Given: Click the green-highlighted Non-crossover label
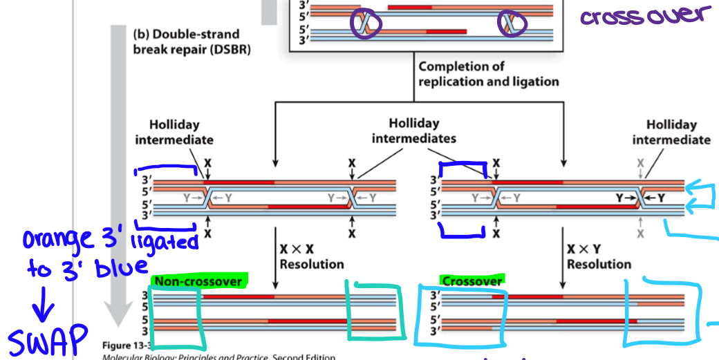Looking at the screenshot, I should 198,281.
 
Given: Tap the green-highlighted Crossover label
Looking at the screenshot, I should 471,281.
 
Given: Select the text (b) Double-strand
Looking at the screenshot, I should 186,35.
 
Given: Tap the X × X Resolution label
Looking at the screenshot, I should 312,256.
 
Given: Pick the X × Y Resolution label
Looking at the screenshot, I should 599,256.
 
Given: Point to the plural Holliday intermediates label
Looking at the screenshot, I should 413,131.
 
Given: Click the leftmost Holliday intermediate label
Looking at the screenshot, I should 174,132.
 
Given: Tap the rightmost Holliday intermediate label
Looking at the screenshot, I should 671,131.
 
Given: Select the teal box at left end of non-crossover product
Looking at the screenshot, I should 177,314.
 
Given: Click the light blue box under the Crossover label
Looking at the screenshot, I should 461,316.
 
